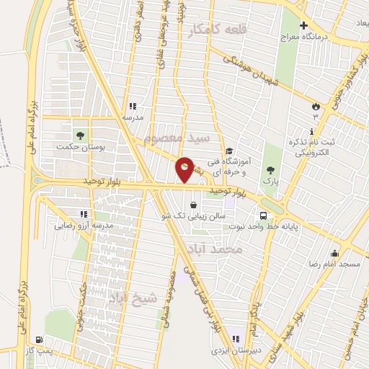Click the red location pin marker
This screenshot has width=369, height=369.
pyautogui.click(x=185, y=169)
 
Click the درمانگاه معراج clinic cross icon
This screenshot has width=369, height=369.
pyautogui.click(x=303, y=25)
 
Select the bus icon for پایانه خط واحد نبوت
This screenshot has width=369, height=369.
pyautogui.click(x=264, y=215)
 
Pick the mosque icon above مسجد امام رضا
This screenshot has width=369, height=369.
pyautogui.click(x=334, y=254)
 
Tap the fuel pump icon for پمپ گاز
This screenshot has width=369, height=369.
pyautogui.click(x=38, y=339)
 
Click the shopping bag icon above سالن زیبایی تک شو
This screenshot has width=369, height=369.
pyautogui.click(x=193, y=205)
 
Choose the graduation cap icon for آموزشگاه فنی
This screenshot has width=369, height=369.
pyautogui.click(x=229, y=151)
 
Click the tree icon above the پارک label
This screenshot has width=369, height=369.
pyautogui.click(x=270, y=170)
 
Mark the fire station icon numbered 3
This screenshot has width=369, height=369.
pyautogui.click(x=315, y=107)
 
